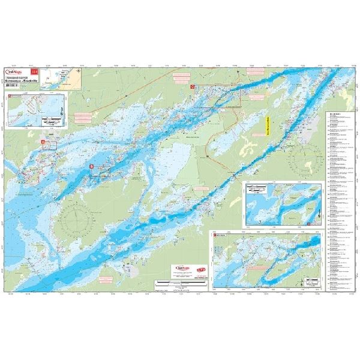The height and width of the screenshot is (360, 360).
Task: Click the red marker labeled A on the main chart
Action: pos(43,141)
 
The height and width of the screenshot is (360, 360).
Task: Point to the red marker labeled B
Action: pos(91,166)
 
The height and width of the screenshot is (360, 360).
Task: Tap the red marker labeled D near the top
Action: pos(193,87)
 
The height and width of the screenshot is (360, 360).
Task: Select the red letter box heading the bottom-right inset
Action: pos(214,236)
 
